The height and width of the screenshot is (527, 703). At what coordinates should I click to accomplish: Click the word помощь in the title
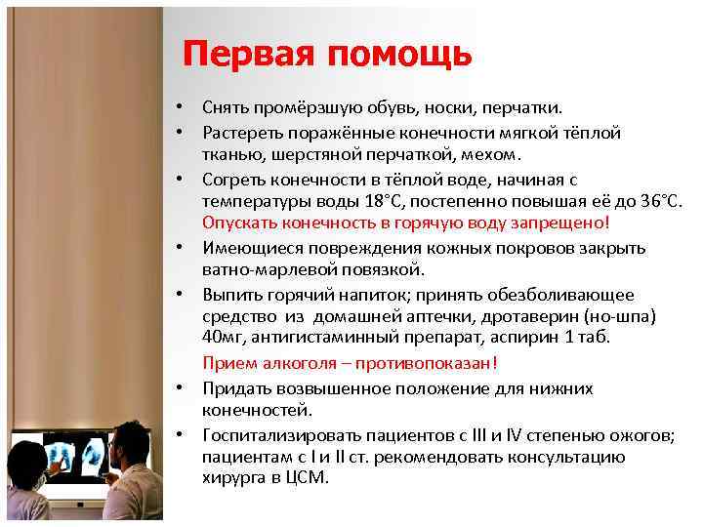400,56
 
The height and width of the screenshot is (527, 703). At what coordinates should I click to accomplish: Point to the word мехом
497,154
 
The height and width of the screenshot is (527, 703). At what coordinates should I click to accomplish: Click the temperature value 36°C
660,200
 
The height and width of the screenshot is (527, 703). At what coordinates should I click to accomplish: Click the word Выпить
230,294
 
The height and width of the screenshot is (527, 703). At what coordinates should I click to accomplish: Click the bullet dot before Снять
181,109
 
